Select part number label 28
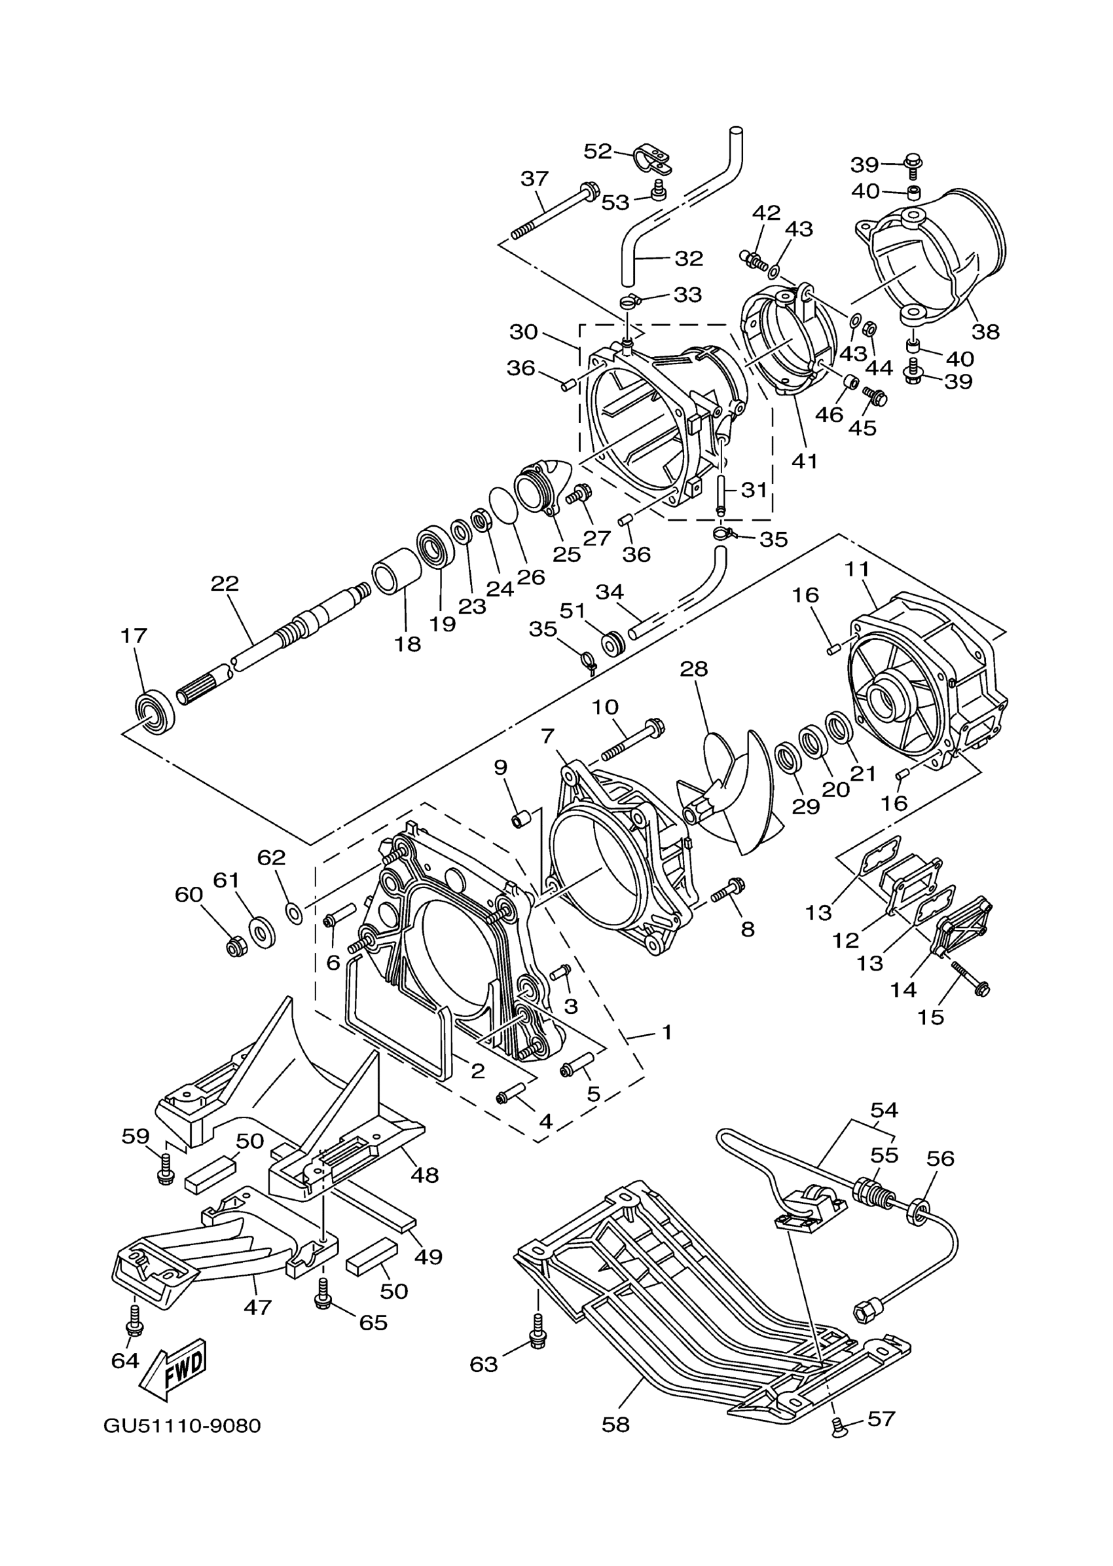coord(693,669)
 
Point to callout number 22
coord(224,584)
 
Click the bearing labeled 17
coord(155,713)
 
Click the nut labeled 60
coord(236,948)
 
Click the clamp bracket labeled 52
coord(651,159)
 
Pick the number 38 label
coord(985,331)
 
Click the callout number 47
coord(258,1307)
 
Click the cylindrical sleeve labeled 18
coord(395,570)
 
